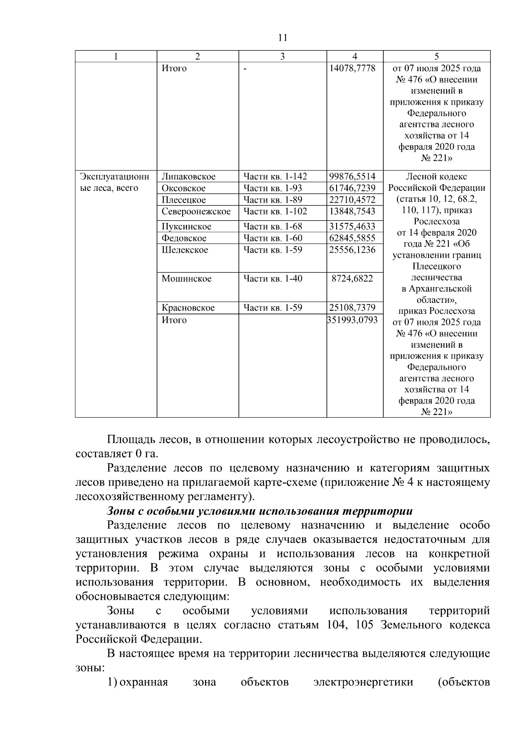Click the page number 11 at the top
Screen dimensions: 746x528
tap(282, 38)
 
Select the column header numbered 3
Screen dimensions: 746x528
tap(282, 56)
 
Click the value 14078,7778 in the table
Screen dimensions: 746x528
tap(352, 69)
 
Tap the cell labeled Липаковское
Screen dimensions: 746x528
tap(188, 177)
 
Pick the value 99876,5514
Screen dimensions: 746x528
tap(352, 177)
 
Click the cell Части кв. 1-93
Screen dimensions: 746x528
tap(273, 189)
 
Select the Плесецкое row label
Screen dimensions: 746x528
tap(183, 200)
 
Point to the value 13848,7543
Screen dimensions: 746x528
tap(352, 211)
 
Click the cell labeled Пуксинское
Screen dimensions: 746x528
tap(186, 227)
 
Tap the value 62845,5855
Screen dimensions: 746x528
tap(352, 238)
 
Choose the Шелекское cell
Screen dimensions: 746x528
tap(185, 250)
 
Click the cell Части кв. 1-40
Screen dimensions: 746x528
tap(273, 279)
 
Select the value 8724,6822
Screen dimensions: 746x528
tap(355, 279)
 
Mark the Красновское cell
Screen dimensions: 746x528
tap(188, 308)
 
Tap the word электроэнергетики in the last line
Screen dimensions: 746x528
tap(363, 682)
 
